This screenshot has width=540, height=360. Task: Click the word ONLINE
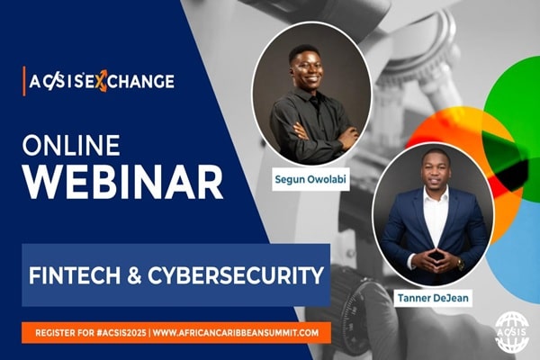click(x=71, y=145)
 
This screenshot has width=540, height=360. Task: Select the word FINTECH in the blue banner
click(x=76, y=274)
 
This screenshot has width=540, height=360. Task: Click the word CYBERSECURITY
click(x=236, y=274)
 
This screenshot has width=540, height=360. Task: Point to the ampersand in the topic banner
click(x=135, y=274)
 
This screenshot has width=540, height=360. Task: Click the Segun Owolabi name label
click(x=310, y=179)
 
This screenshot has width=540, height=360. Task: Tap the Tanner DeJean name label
click(x=433, y=298)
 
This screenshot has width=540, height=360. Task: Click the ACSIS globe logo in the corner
click(x=512, y=331)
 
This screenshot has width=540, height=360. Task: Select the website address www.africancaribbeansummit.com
click(x=236, y=333)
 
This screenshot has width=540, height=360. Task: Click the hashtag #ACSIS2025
click(x=121, y=333)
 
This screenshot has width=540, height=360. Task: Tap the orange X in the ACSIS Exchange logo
click(x=101, y=81)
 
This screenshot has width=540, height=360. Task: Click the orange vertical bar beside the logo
click(x=24, y=81)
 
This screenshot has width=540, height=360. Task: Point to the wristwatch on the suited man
click(x=460, y=265)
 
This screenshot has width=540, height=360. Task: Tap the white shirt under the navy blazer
click(x=436, y=216)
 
